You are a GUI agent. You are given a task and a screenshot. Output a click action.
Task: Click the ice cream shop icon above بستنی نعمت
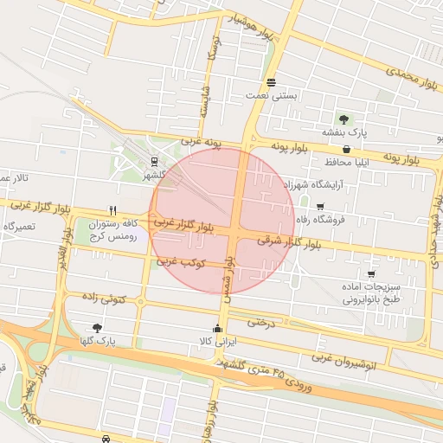coord(272,83)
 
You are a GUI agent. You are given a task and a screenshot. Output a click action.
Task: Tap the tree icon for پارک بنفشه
coord(345,119)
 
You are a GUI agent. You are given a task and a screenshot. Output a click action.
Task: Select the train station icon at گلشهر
coord(154,161)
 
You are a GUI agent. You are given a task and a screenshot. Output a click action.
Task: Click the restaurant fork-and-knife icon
coord(112,210)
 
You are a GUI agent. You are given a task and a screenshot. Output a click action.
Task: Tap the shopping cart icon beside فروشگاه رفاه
coord(321,206)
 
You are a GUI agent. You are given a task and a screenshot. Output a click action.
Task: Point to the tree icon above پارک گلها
coord(96,328)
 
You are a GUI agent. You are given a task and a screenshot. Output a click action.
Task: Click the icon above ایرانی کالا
coord(217,329)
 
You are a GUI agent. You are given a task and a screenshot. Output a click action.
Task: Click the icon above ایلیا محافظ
coord(347,149)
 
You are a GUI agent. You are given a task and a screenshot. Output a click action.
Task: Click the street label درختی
coord(261,322)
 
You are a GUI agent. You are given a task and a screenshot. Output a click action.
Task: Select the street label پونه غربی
coord(202,139)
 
